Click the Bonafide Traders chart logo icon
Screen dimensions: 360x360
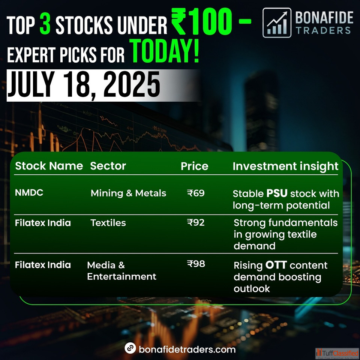(277, 23)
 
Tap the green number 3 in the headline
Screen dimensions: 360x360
(45, 23)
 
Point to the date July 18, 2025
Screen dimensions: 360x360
(84, 85)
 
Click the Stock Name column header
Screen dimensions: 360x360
(49, 166)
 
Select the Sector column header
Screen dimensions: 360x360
(108, 166)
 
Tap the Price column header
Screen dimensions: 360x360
(194, 166)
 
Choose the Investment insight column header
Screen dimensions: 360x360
(285, 166)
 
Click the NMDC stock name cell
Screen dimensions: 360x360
(29, 193)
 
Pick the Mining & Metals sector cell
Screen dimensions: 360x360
(128, 193)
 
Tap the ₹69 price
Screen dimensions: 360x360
(196, 193)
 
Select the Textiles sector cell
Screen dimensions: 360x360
(108, 223)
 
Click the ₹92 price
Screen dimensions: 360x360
(196, 222)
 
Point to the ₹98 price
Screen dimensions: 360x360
(196, 264)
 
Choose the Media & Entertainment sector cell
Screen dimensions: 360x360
(121, 271)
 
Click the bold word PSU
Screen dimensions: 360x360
(277, 193)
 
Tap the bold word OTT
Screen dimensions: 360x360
(276, 265)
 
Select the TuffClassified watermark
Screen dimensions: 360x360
(337, 353)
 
